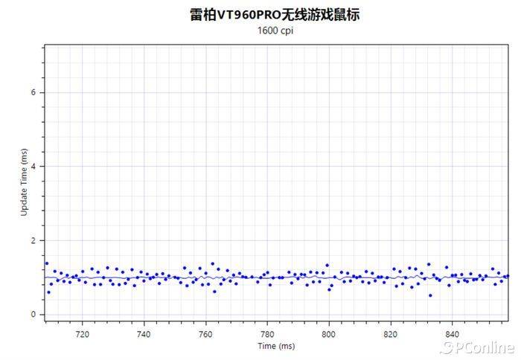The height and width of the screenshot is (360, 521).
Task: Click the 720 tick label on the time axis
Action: click(82, 334)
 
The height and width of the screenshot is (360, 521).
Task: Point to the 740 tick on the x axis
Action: click(144, 334)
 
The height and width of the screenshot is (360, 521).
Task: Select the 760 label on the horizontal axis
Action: click(205, 334)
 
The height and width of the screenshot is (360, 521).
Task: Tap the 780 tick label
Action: click(267, 334)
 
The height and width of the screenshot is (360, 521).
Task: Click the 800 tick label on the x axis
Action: click(329, 334)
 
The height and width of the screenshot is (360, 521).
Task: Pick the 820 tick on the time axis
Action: click(391, 334)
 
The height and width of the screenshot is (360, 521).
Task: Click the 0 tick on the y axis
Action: click(33, 315)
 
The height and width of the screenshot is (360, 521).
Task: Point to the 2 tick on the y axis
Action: click(33, 240)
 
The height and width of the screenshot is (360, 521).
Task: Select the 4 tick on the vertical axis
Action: click(33, 166)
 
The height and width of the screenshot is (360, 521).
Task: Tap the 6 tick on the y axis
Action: click(33, 92)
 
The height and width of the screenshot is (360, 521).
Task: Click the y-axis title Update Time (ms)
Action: click(24, 181)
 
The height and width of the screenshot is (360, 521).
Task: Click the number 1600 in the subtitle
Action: click(267, 31)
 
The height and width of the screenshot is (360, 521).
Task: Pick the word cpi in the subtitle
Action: click(287, 31)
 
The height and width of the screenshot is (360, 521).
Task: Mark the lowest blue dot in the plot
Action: click(430, 295)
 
